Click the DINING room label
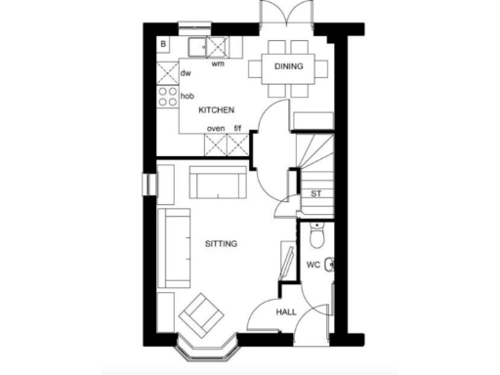(288, 66)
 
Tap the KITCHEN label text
(216, 111)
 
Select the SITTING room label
(221, 242)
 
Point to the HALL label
(286, 312)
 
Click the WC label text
(313, 265)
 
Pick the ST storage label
(315, 193)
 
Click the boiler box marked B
(164, 45)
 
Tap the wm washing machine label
(218, 64)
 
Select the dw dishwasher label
(186, 73)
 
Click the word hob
(187, 96)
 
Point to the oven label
(216, 127)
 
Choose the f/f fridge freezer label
(237, 127)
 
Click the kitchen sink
(207, 46)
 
